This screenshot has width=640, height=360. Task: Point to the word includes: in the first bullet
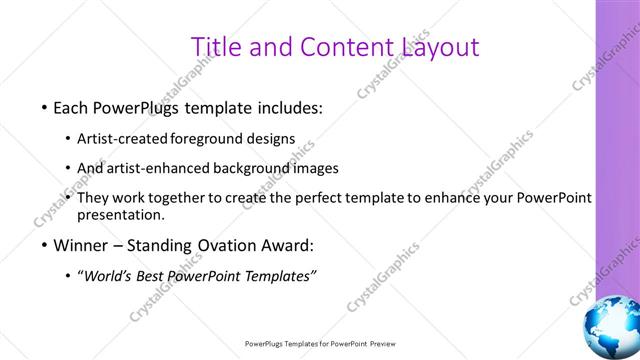(288, 107)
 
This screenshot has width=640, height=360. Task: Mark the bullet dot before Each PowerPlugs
(44, 108)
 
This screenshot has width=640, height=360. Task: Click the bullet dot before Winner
(44, 246)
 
